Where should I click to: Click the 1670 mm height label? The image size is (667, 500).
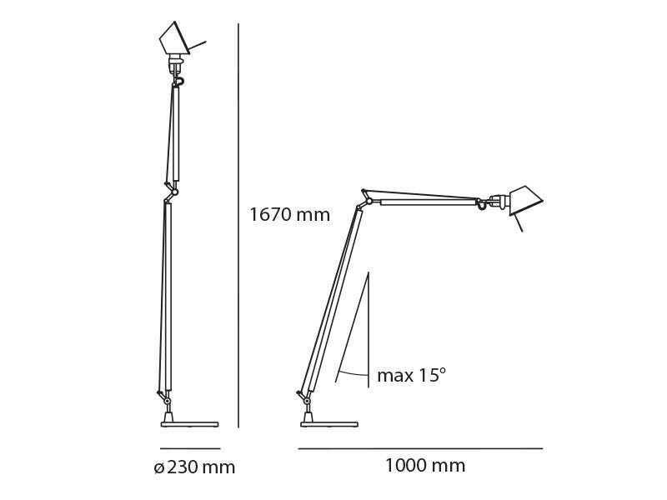pos(289,215)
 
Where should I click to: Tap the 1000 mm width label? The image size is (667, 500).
pos(424,466)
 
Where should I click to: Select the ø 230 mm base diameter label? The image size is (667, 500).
pos(194,467)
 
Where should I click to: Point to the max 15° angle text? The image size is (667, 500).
pos(411,376)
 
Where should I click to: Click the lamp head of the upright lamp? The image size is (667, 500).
pos(176,38)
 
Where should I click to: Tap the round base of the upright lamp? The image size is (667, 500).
pos(189,424)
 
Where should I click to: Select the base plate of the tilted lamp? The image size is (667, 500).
pos(328,424)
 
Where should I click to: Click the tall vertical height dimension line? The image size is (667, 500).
pos(238,225)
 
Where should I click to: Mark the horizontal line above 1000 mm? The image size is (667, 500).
pos(420,448)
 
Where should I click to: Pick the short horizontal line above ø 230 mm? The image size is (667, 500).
pos(190,448)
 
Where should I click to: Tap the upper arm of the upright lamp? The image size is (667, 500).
pos(176,133)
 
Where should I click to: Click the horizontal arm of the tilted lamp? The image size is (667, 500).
pos(425,201)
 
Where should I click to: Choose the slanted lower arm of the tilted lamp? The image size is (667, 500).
pos(333,300)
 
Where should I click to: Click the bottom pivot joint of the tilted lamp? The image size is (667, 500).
pos(307,401)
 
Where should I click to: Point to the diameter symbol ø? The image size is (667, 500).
pos(158,468)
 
